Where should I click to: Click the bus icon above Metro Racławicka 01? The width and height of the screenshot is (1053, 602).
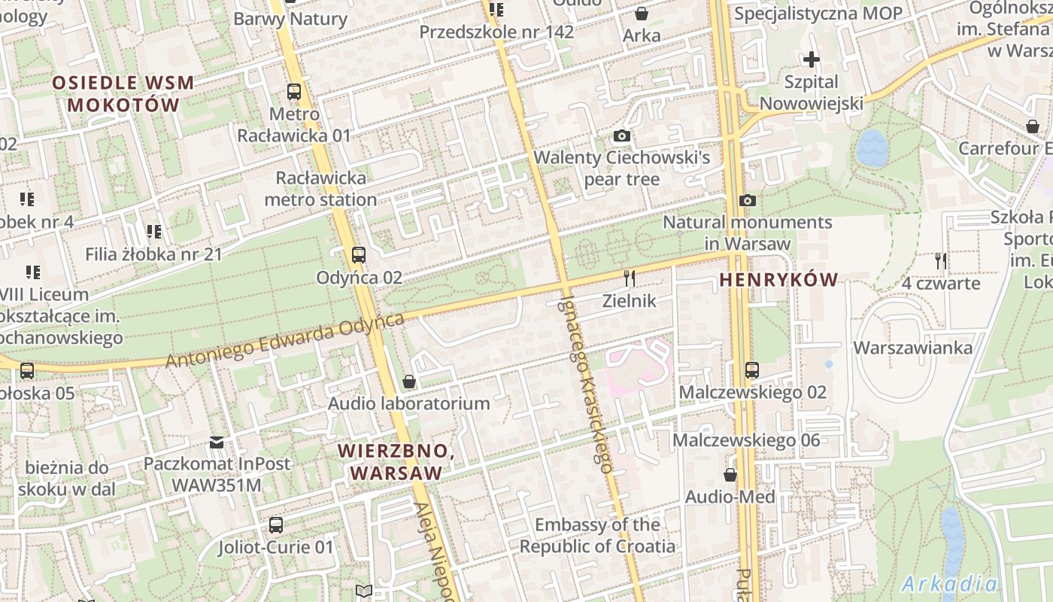point(294,93)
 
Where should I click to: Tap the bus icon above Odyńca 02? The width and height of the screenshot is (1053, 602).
point(359,255)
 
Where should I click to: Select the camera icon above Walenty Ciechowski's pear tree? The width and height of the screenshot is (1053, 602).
point(621,136)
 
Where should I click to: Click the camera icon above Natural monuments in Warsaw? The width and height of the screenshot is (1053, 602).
point(747,201)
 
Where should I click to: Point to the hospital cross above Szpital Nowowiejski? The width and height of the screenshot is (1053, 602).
point(811,59)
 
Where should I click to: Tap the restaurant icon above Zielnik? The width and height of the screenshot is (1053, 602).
point(630,278)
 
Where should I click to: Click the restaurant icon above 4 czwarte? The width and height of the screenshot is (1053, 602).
point(940,261)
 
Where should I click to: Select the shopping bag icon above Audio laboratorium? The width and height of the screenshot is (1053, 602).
point(409,382)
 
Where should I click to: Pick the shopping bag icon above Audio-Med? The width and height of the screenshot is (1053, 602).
point(730,475)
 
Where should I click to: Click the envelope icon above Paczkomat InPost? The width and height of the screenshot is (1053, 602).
point(217,442)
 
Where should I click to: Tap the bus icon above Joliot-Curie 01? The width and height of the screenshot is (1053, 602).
point(276,524)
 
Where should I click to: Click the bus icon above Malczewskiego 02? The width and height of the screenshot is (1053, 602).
point(752,370)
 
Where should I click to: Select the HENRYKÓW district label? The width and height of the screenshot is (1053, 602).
point(778,280)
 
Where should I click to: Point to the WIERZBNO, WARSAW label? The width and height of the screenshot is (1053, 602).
point(396,461)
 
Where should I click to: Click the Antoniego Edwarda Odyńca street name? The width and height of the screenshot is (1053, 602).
point(285,340)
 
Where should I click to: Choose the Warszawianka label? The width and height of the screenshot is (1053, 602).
point(912,348)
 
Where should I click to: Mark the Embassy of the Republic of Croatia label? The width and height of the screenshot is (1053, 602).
point(597,535)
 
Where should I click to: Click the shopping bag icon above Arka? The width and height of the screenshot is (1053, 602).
point(642,14)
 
